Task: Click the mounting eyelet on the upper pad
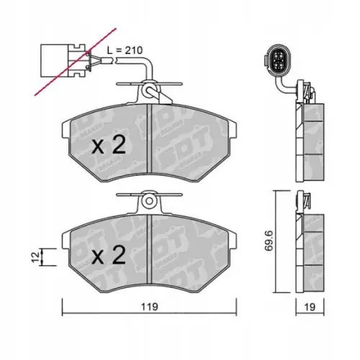click(148, 91)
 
